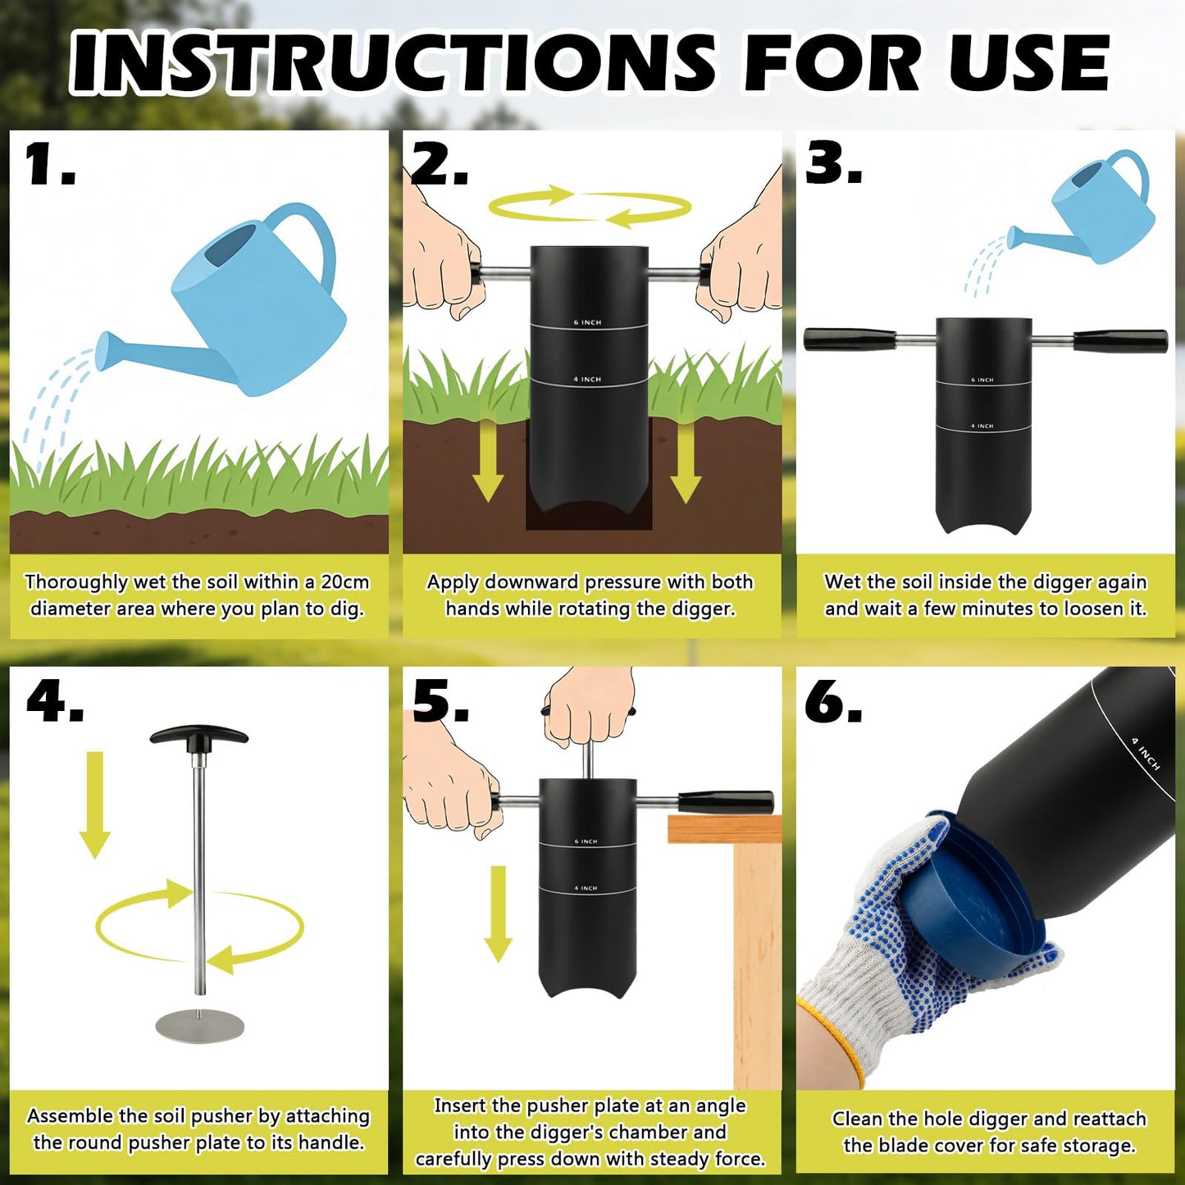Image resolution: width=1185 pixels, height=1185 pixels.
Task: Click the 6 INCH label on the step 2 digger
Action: [x=587, y=323]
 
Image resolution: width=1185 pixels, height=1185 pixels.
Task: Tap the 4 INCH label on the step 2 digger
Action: [x=587, y=380]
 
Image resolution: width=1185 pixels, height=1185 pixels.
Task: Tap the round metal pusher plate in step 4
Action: [x=200, y=1024]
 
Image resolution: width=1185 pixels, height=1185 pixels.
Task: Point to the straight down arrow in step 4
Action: [x=94, y=805]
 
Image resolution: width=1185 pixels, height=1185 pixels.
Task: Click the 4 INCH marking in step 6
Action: [x=1146, y=754]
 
